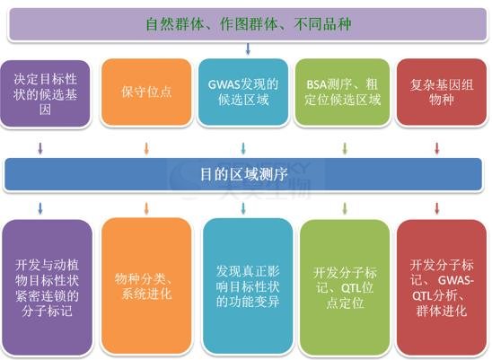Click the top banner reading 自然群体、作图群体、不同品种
(x=248, y=24)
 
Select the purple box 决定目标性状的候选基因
(x=45, y=93)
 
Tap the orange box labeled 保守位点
(x=146, y=92)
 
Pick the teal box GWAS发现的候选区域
(x=243, y=92)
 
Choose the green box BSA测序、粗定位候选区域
(x=342, y=92)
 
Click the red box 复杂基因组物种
(x=442, y=92)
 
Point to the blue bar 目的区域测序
(x=243, y=174)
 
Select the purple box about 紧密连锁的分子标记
(x=47, y=287)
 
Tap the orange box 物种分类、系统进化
(x=146, y=286)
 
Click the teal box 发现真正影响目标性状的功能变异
(x=248, y=286)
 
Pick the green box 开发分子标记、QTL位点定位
(x=345, y=287)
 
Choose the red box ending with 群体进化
(x=442, y=287)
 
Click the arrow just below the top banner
(x=248, y=49)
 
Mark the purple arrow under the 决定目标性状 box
(x=40, y=148)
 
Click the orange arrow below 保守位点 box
(x=146, y=148)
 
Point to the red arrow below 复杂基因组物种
(x=436, y=148)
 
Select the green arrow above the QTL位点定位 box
(x=345, y=208)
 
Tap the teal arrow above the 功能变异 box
(x=243, y=208)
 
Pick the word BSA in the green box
(x=316, y=84)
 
